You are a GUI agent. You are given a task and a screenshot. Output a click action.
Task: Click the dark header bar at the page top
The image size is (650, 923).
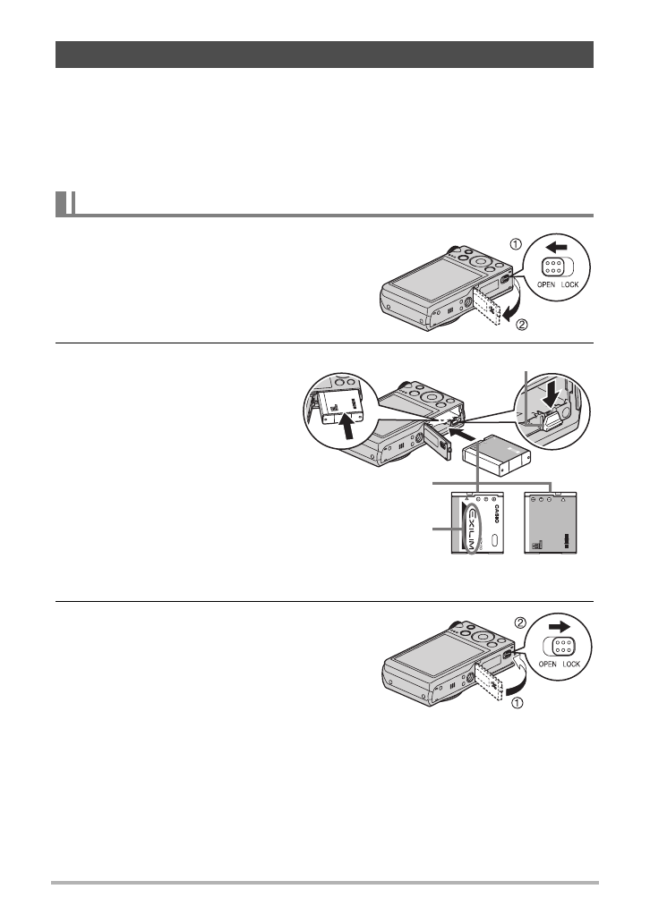point(325,54)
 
